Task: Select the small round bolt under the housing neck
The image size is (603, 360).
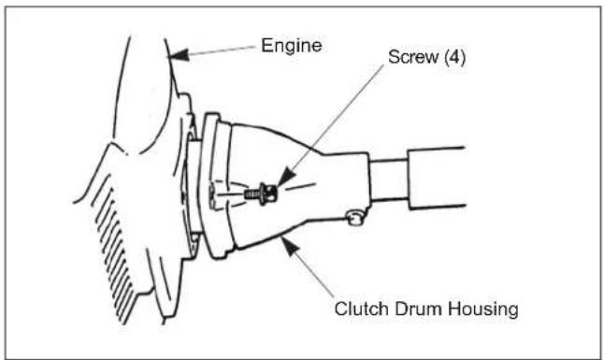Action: click(353, 219)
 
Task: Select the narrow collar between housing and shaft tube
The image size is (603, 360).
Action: click(388, 180)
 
